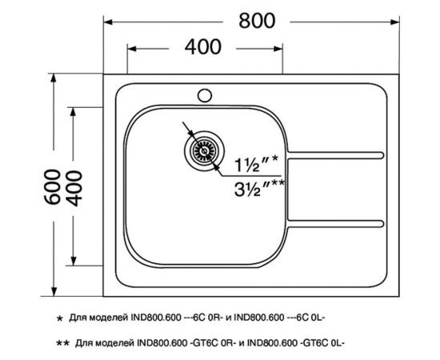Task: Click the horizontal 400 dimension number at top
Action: coord(205,47)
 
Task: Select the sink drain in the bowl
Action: coord(201,149)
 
